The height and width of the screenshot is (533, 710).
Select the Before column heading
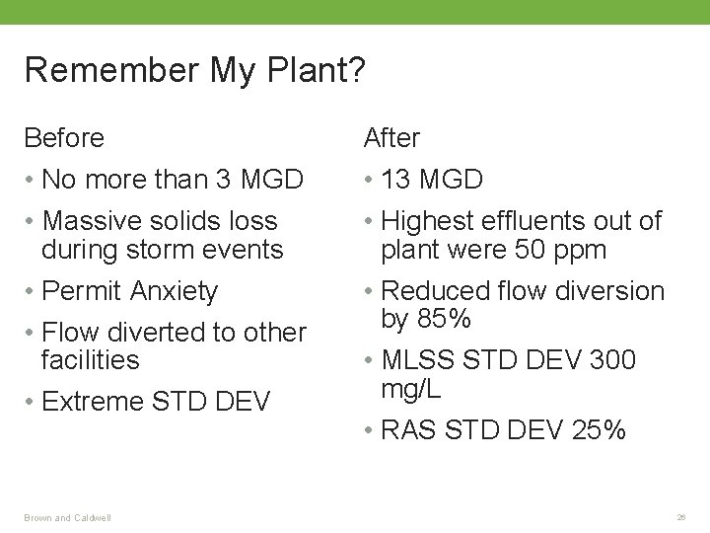64,138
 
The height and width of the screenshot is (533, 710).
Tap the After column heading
391,138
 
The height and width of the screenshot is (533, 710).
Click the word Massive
97,221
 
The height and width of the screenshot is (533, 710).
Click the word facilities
91,360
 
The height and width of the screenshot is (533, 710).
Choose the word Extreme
97,402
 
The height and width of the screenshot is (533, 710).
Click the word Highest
431,221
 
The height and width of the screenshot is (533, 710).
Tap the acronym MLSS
418,361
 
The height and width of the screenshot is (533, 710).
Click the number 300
612,361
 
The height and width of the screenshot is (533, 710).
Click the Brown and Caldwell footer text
68,516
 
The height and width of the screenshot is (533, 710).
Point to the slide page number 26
681,516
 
